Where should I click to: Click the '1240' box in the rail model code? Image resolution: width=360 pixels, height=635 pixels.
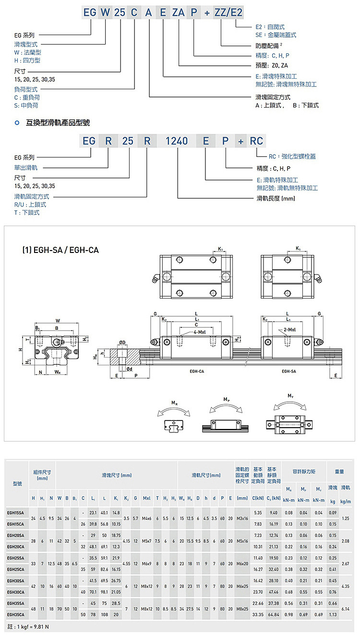(x=176, y=141)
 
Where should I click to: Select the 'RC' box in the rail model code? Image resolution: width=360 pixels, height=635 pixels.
(x=256, y=141)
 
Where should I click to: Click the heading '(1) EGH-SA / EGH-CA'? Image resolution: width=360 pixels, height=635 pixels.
(x=60, y=250)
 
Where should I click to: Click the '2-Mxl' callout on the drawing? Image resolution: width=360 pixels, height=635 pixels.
(x=289, y=330)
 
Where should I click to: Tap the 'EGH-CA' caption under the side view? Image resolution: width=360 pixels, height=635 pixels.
(x=197, y=371)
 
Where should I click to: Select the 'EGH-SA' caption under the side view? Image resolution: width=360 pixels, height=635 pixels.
(x=288, y=371)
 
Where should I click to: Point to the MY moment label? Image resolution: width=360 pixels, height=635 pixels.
(x=290, y=395)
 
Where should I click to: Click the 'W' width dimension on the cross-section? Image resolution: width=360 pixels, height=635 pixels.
(x=58, y=320)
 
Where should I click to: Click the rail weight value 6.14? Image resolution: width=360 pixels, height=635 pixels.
(x=345, y=608)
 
